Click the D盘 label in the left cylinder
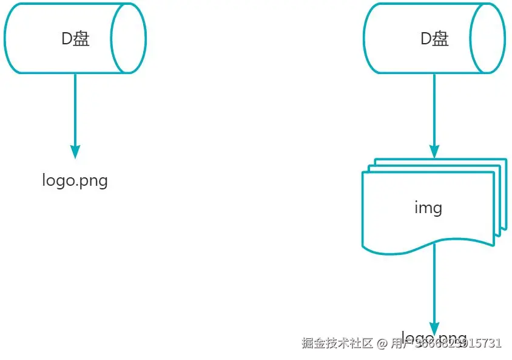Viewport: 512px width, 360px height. point(75,39)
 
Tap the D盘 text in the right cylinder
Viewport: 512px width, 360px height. point(434,39)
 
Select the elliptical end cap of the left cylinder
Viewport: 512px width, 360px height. point(129,39)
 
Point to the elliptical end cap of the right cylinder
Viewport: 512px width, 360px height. point(489,39)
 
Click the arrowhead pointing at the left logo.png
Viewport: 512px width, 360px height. point(75,151)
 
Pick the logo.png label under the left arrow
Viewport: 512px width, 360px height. point(75,180)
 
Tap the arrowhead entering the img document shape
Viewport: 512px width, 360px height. point(434,151)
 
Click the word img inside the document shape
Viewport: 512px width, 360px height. point(428,208)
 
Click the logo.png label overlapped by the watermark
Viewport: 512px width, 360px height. point(434,338)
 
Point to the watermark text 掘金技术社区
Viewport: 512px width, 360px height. point(337,343)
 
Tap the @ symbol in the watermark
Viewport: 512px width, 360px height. point(382,343)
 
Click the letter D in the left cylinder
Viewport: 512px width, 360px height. point(67,39)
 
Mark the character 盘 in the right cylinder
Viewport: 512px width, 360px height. point(441,39)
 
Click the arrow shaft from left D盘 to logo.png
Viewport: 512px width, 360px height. point(75,109)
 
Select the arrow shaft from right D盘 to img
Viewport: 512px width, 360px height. point(434,109)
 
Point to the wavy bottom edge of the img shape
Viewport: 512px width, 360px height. point(400,250)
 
